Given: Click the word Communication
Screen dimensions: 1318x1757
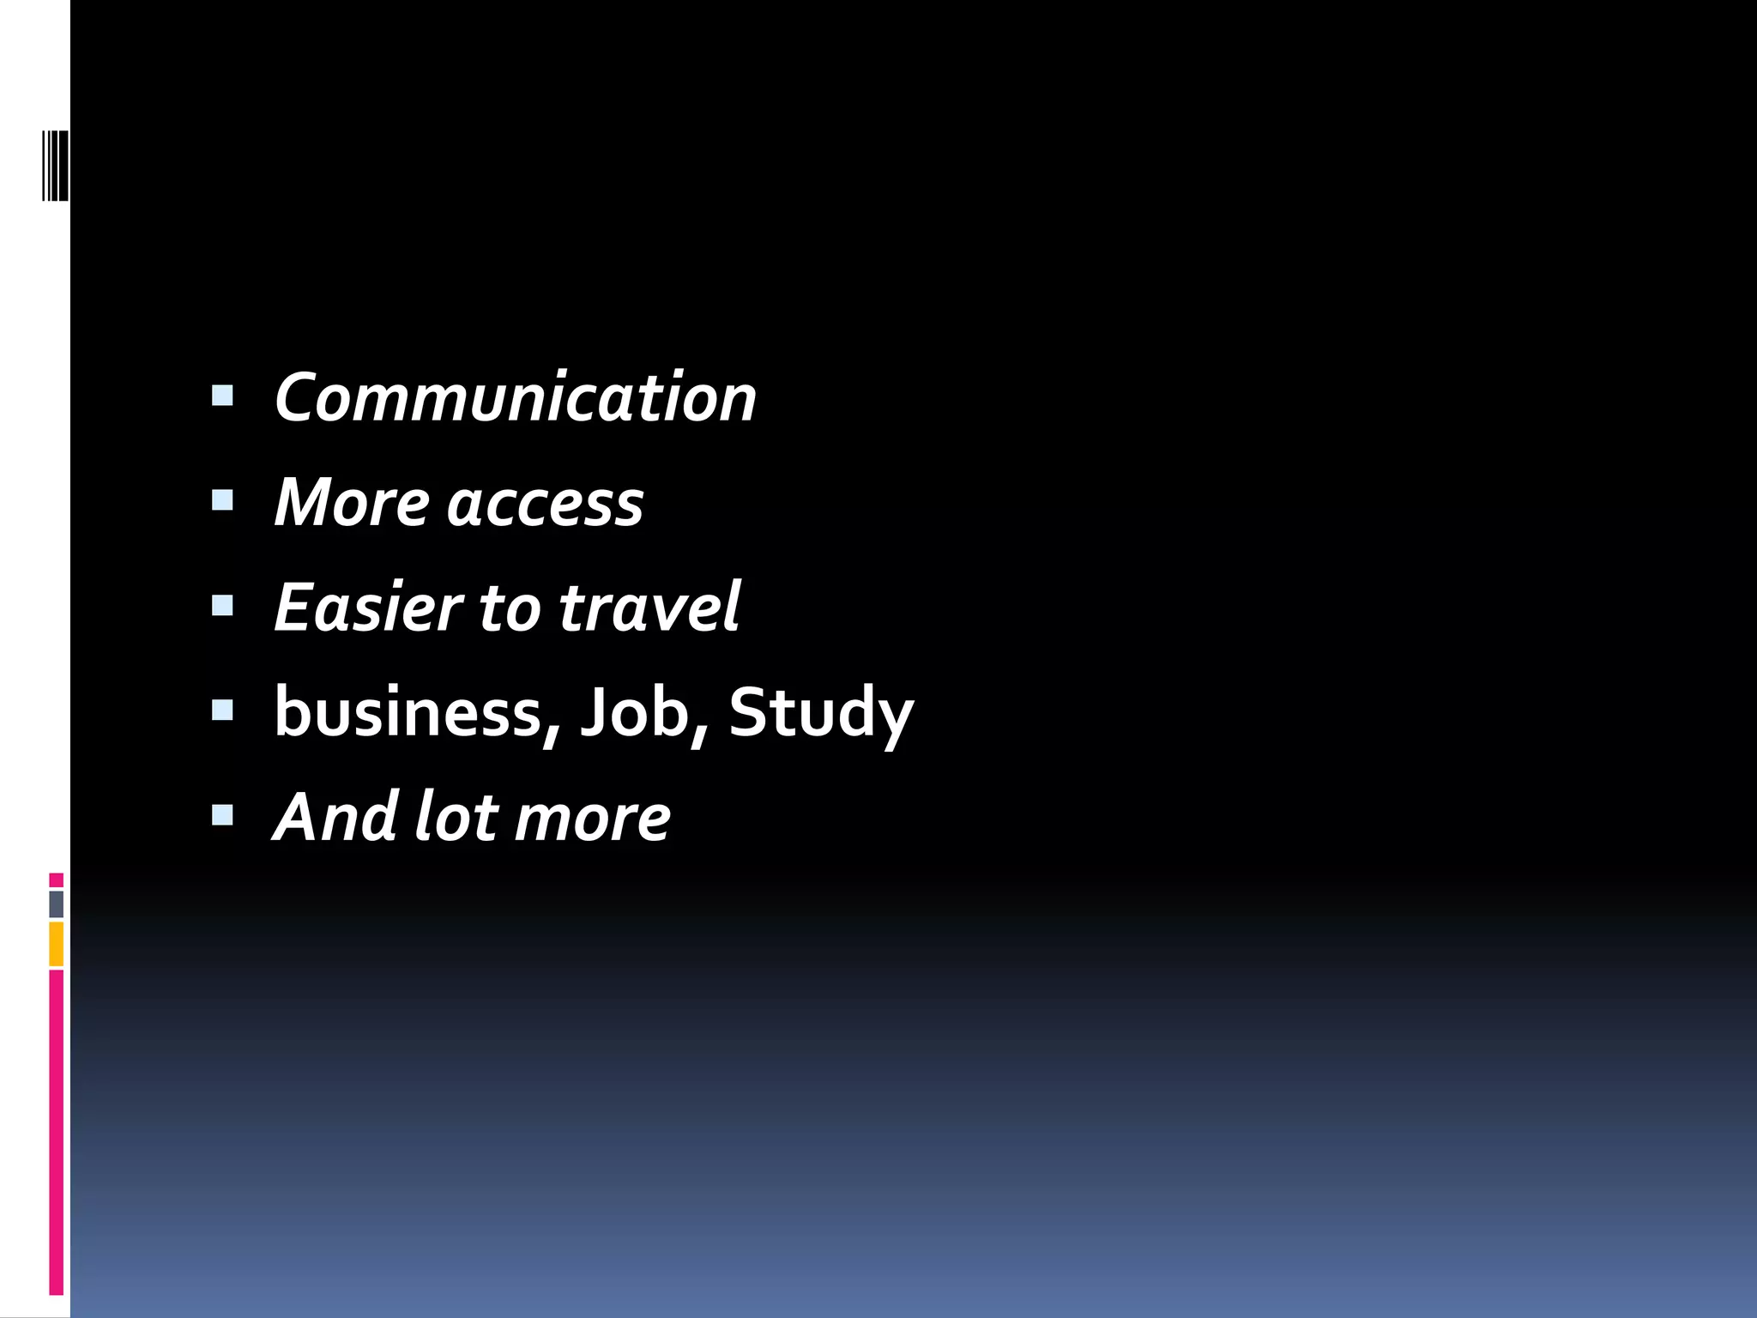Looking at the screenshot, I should [515, 398].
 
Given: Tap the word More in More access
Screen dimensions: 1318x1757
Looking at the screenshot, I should [351, 503].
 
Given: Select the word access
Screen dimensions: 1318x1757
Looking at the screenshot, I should [545, 505].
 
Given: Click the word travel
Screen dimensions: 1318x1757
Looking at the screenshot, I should [649, 608].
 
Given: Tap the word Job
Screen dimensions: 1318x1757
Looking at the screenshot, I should [635, 712].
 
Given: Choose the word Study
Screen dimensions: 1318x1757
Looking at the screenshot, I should [821, 714].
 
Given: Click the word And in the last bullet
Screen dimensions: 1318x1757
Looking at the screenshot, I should [336, 817].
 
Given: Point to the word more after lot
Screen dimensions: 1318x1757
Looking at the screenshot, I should [592, 820].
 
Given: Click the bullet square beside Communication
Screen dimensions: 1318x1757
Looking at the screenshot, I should [222, 396].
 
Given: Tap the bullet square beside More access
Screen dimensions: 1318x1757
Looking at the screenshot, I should [222, 500].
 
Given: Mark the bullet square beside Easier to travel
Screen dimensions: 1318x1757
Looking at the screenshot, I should [222, 606].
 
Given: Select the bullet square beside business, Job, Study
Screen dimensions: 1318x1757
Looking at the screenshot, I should [222, 710].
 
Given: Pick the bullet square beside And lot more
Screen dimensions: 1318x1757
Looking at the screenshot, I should [222, 815].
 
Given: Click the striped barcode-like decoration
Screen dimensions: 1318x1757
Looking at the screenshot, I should [55, 165].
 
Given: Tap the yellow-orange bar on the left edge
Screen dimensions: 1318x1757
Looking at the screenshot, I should [56, 944].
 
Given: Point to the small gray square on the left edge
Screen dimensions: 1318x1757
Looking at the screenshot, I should [56, 904].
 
